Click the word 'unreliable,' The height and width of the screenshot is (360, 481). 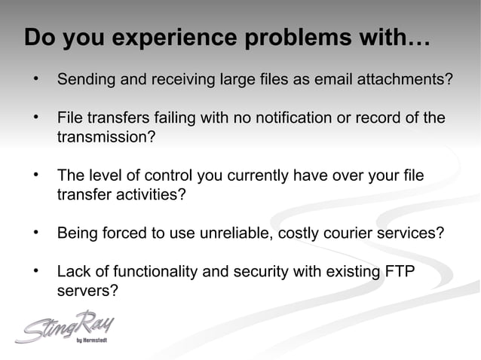tap(237, 233)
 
